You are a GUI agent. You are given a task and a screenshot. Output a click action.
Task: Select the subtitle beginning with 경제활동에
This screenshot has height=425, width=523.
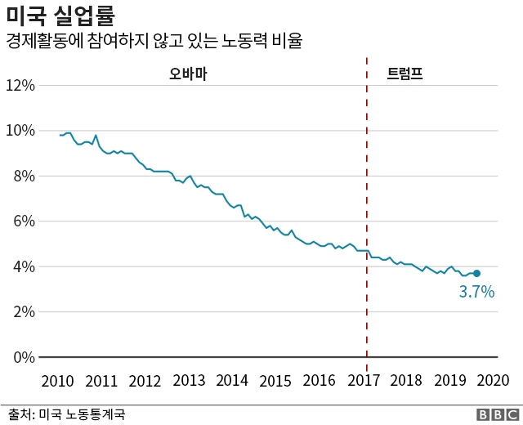coord(154,41)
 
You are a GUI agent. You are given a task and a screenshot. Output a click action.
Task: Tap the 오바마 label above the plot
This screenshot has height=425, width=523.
coord(188,74)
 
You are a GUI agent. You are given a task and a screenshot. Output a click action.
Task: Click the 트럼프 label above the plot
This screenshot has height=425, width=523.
coord(405,74)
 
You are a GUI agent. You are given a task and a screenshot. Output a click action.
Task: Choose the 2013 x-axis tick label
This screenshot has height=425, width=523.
coord(189,381)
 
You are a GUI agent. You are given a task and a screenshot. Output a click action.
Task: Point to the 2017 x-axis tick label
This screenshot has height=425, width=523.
coord(364,381)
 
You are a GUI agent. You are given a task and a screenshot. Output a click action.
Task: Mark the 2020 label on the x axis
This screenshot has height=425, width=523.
coord(494,381)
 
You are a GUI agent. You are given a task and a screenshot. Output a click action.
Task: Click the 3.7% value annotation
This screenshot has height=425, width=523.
coord(476,292)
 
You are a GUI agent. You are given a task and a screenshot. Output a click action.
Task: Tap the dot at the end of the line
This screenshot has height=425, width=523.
coord(476,273)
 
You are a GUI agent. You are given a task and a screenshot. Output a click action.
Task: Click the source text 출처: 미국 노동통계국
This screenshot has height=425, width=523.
coord(67,414)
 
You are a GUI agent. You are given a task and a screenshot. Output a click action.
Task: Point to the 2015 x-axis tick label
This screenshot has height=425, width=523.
coord(276,381)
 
